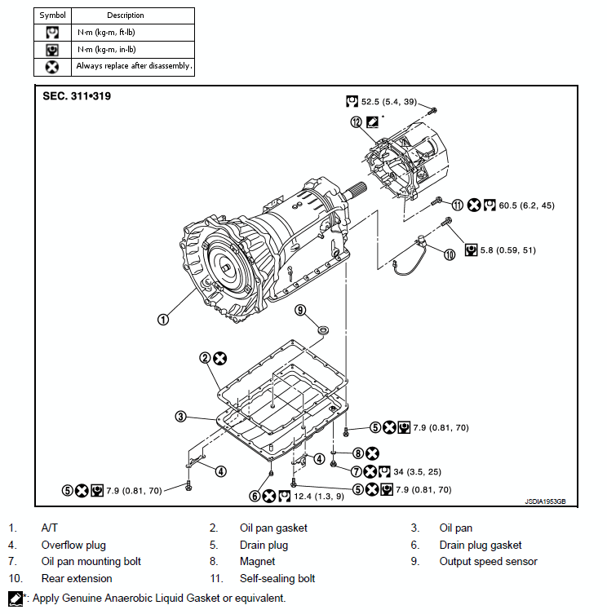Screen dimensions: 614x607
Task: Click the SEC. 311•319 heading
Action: coord(77,96)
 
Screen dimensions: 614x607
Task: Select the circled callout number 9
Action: coord(300,310)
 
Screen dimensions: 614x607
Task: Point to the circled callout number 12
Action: coord(356,122)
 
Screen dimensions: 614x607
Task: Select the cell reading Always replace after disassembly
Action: coord(134,66)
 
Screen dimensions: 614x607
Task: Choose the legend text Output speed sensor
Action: coord(488,561)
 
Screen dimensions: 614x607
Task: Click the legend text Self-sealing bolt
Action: coord(277,578)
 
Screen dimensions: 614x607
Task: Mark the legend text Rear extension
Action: coord(77,578)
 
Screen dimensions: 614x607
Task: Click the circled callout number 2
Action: coord(206,358)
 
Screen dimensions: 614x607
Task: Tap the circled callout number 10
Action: coord(449,254)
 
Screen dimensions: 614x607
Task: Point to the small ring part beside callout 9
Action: coord(323,329)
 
